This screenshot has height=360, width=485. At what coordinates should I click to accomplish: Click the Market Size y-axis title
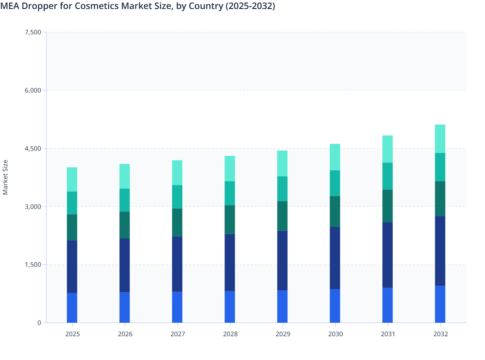pyautogui.click(x=5, y=177)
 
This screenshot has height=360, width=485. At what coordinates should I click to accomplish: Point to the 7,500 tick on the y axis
pyautogui.click(x=33, y=32)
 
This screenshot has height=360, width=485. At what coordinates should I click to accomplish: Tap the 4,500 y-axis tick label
pyautogui.click(x=33, y=148)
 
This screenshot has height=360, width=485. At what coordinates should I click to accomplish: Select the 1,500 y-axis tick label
pyautogui.click(x=33, y=265)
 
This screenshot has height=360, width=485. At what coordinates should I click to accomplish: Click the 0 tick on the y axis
pyautogui.click(x=39, y=323)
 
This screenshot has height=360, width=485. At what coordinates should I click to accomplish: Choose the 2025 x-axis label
pyautogui.click(x=72, y=334)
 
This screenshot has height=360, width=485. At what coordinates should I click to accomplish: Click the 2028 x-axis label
pyautogui.click(x=230, y=334)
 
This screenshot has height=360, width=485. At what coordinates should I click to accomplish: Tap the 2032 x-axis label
pyautogui.click(x=440, y=334)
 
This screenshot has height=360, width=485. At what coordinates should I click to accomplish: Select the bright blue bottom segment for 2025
pyautogui.click(x=72, y=308)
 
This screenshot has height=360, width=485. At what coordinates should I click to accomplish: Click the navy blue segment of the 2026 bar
pyautogui.click(x=124, y=265)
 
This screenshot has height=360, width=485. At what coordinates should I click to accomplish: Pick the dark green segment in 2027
pyautogui.click(x=177, y=222)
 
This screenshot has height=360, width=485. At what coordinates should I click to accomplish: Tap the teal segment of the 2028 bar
pyautogui.click(x=230, y=193)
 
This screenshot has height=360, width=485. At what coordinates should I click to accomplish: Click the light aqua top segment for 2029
pyautogui.click(x=282, y=163)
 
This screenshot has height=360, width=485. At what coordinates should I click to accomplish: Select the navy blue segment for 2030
pyautogui.click(x=335, y=258)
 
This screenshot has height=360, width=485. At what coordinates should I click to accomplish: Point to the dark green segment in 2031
pyautogui.click(x=388, y=206)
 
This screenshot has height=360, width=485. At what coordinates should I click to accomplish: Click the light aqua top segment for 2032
pyautogui.click(x=440, y=139)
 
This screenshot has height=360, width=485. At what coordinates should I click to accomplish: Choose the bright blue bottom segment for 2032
pyautogui.click(x=440, y=304)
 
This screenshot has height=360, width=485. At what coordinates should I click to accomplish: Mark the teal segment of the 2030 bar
pyautogui.click(x=335, y=183)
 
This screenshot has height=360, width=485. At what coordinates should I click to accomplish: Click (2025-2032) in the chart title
pyautogui.click(x=250, y=6)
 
